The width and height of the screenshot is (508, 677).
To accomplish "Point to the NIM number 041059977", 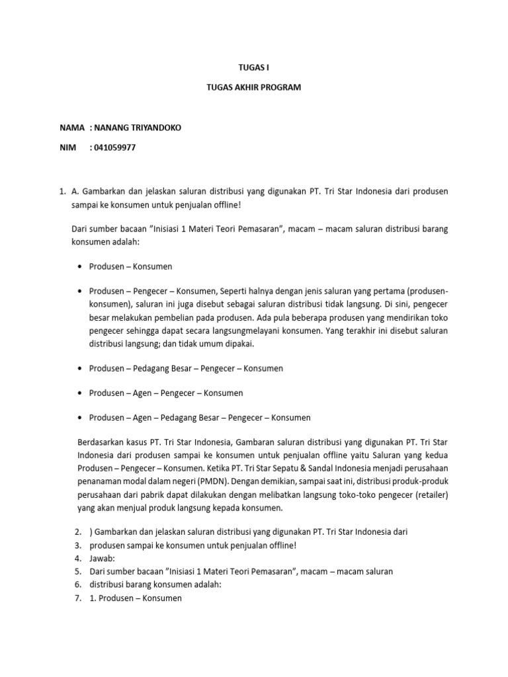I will tap(116, 147).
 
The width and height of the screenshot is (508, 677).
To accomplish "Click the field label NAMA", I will tap(72, 127).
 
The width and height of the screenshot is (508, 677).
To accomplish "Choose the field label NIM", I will tap(67, 147).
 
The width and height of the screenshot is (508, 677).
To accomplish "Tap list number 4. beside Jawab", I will tap(77, 558).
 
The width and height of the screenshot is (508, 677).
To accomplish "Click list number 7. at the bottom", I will tap(77, 598).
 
